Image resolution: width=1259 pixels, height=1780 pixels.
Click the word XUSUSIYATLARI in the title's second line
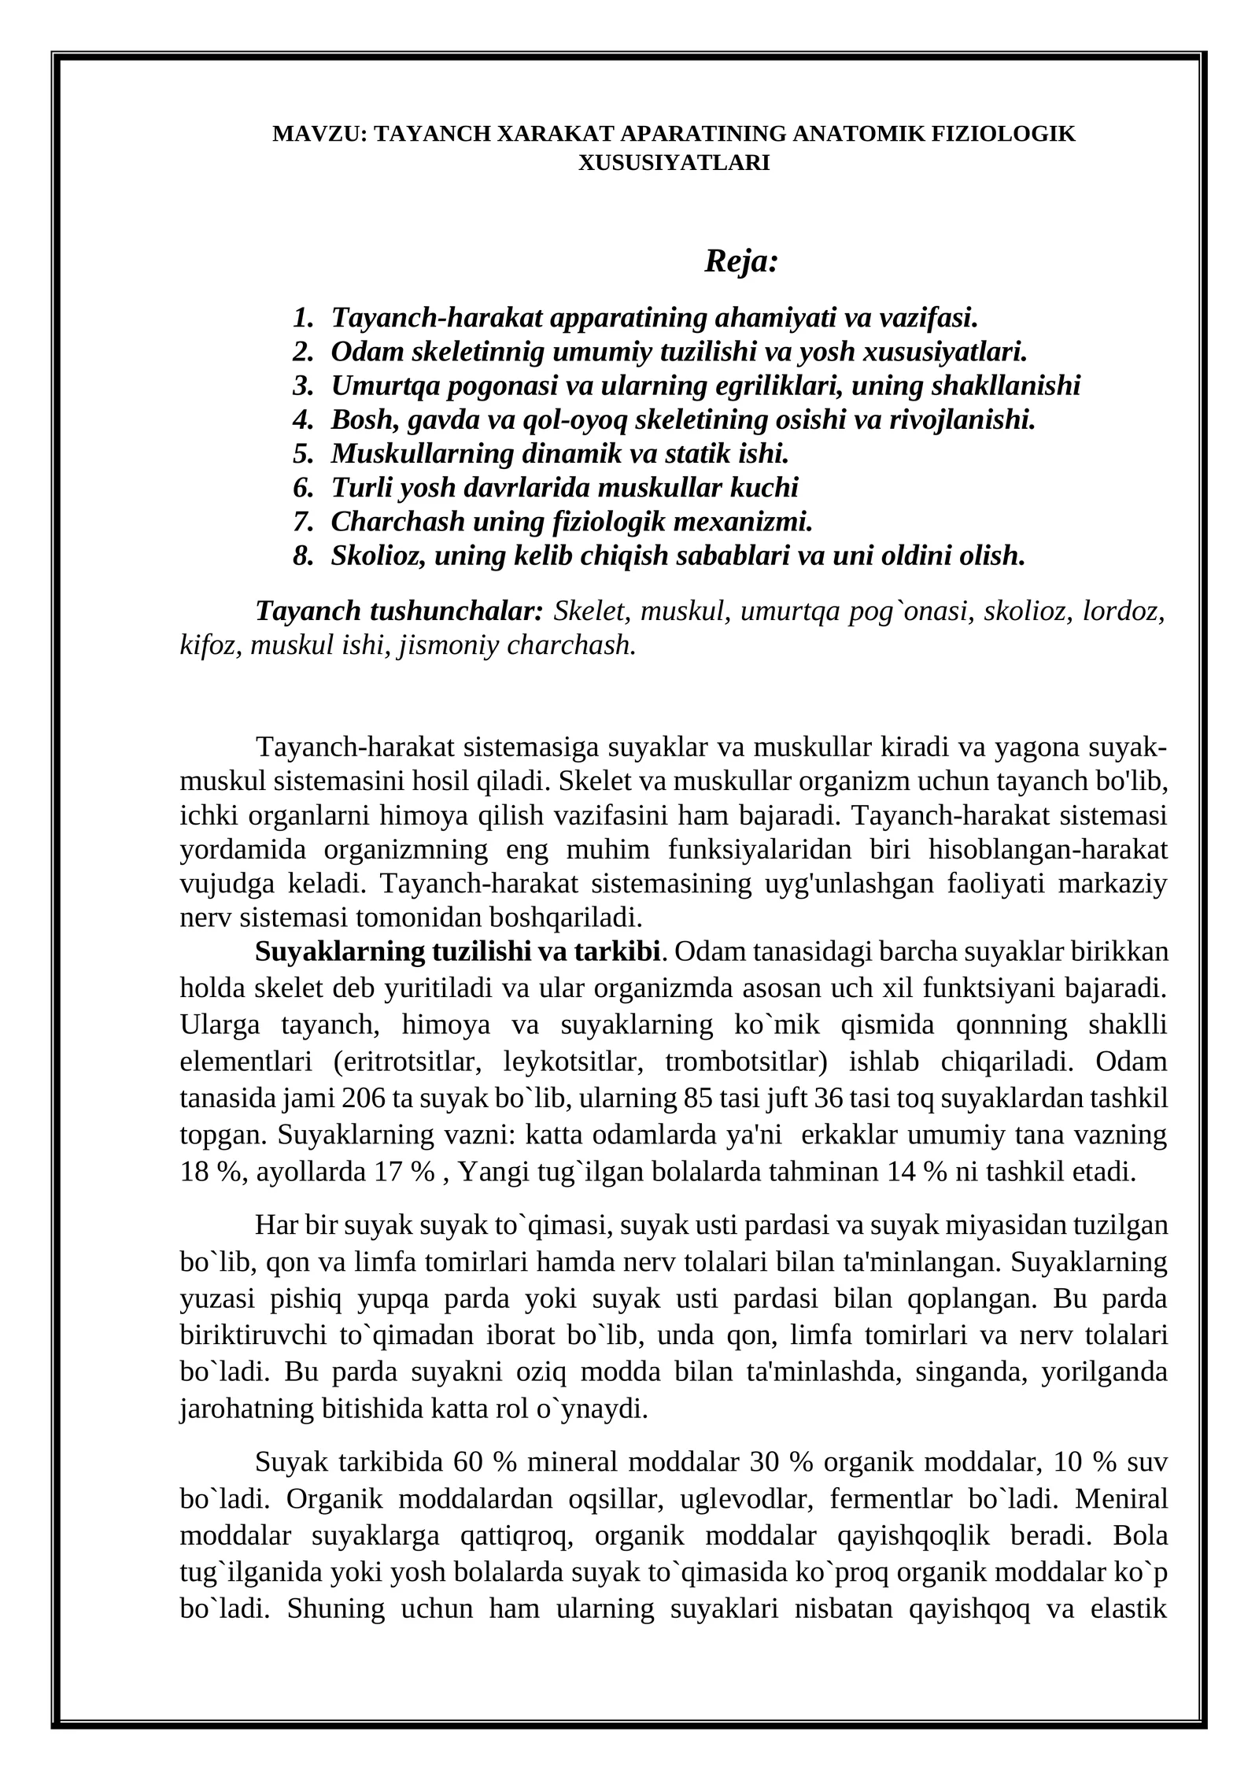[674, 163]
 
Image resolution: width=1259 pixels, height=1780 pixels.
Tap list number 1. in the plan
[303, 318]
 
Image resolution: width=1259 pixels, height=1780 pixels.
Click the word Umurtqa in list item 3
[379, 386]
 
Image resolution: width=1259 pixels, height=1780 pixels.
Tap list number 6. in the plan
[303, 488]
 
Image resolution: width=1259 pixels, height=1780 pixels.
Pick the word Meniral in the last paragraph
[1121, 1499]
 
